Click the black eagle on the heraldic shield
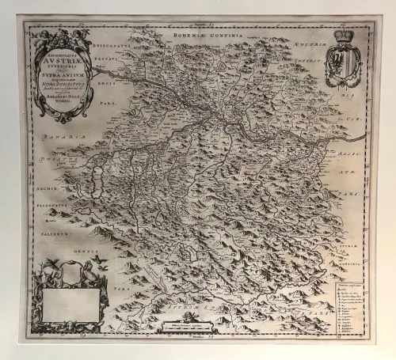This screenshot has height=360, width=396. pyautogui.click(x=342, y=63)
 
